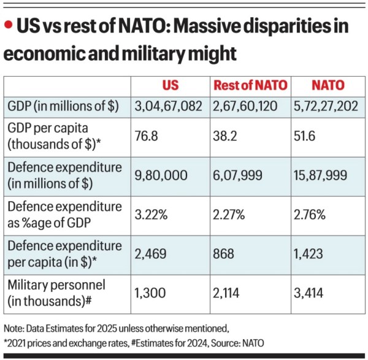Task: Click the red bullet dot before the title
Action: coord(9,25)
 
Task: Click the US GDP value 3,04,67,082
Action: coord(169,106)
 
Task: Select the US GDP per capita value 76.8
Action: coord(147,136)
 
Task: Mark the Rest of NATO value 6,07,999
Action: coord(239,175)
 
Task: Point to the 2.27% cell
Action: coord(229,215)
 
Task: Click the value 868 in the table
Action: coord(223,255)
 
